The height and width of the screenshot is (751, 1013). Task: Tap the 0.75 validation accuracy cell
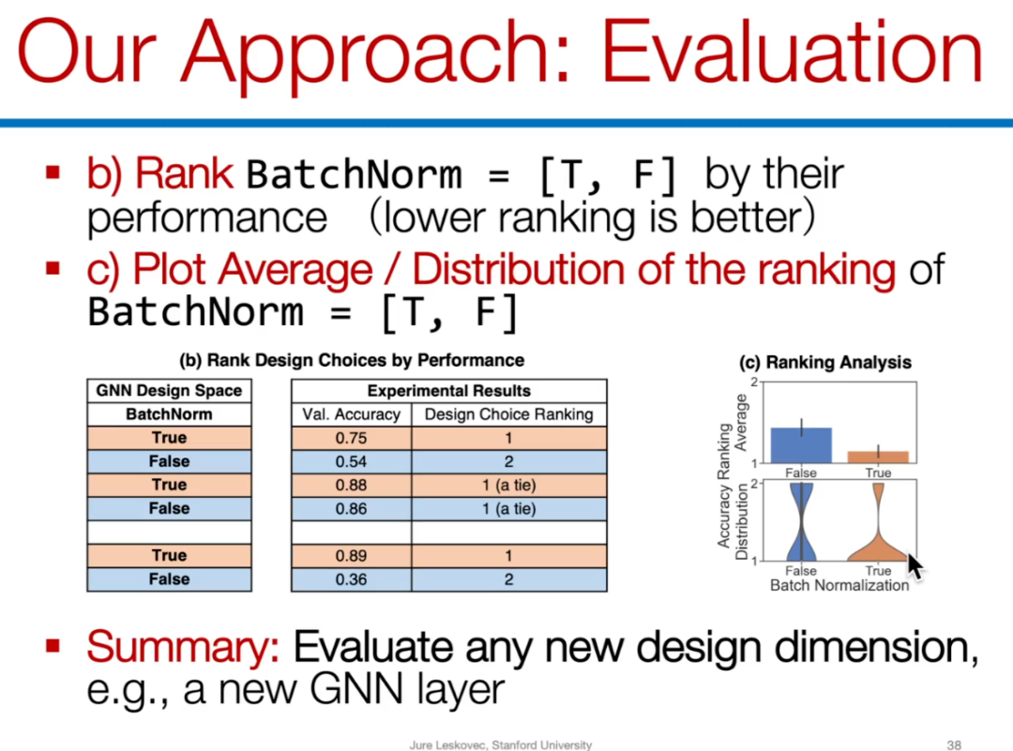tap(352, 438)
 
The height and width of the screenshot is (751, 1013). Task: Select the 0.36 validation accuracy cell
tap(352, 579)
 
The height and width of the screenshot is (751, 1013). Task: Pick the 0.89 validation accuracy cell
tap(352, 555)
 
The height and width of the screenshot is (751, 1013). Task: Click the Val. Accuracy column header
tap(352, 414)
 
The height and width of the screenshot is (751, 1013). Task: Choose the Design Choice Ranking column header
tap(509, 414)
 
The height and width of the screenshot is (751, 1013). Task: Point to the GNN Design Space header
tap(169, 391)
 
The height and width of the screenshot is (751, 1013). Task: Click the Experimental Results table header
tap(449, 391)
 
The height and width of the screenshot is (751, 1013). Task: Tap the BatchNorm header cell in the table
tap(169, 414)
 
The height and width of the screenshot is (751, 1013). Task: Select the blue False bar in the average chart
tap(801, 445)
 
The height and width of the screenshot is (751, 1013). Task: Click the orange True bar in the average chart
tap(878, 457)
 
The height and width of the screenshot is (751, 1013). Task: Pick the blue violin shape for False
tap(801, 521)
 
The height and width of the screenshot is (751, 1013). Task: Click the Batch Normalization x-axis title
tap(839, 586)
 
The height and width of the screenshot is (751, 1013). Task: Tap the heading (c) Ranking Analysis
tap(825, 362)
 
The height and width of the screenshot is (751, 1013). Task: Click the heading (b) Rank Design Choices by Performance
tap(352, 360)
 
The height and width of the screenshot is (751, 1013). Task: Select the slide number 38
tap(954, 744)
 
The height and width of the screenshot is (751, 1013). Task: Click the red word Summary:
tap(183, 646)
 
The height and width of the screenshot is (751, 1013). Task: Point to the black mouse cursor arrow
tap(915, 566)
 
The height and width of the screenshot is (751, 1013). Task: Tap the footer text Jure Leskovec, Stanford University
tap(501, 744)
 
